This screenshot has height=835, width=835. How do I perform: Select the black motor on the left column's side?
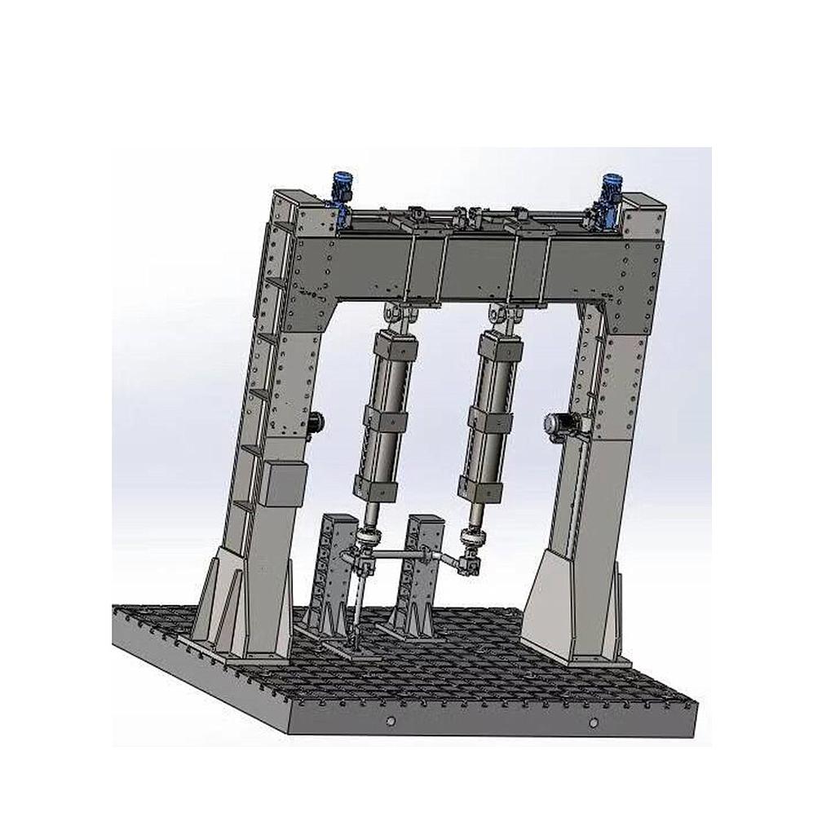pos(315,422)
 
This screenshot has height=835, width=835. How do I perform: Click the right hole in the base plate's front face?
pos(594,723)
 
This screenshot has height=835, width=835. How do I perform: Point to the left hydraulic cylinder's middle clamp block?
pos(385,420)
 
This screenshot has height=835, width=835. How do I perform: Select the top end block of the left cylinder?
pos(395,347)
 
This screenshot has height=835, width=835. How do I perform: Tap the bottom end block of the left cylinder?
pos(375,490)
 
